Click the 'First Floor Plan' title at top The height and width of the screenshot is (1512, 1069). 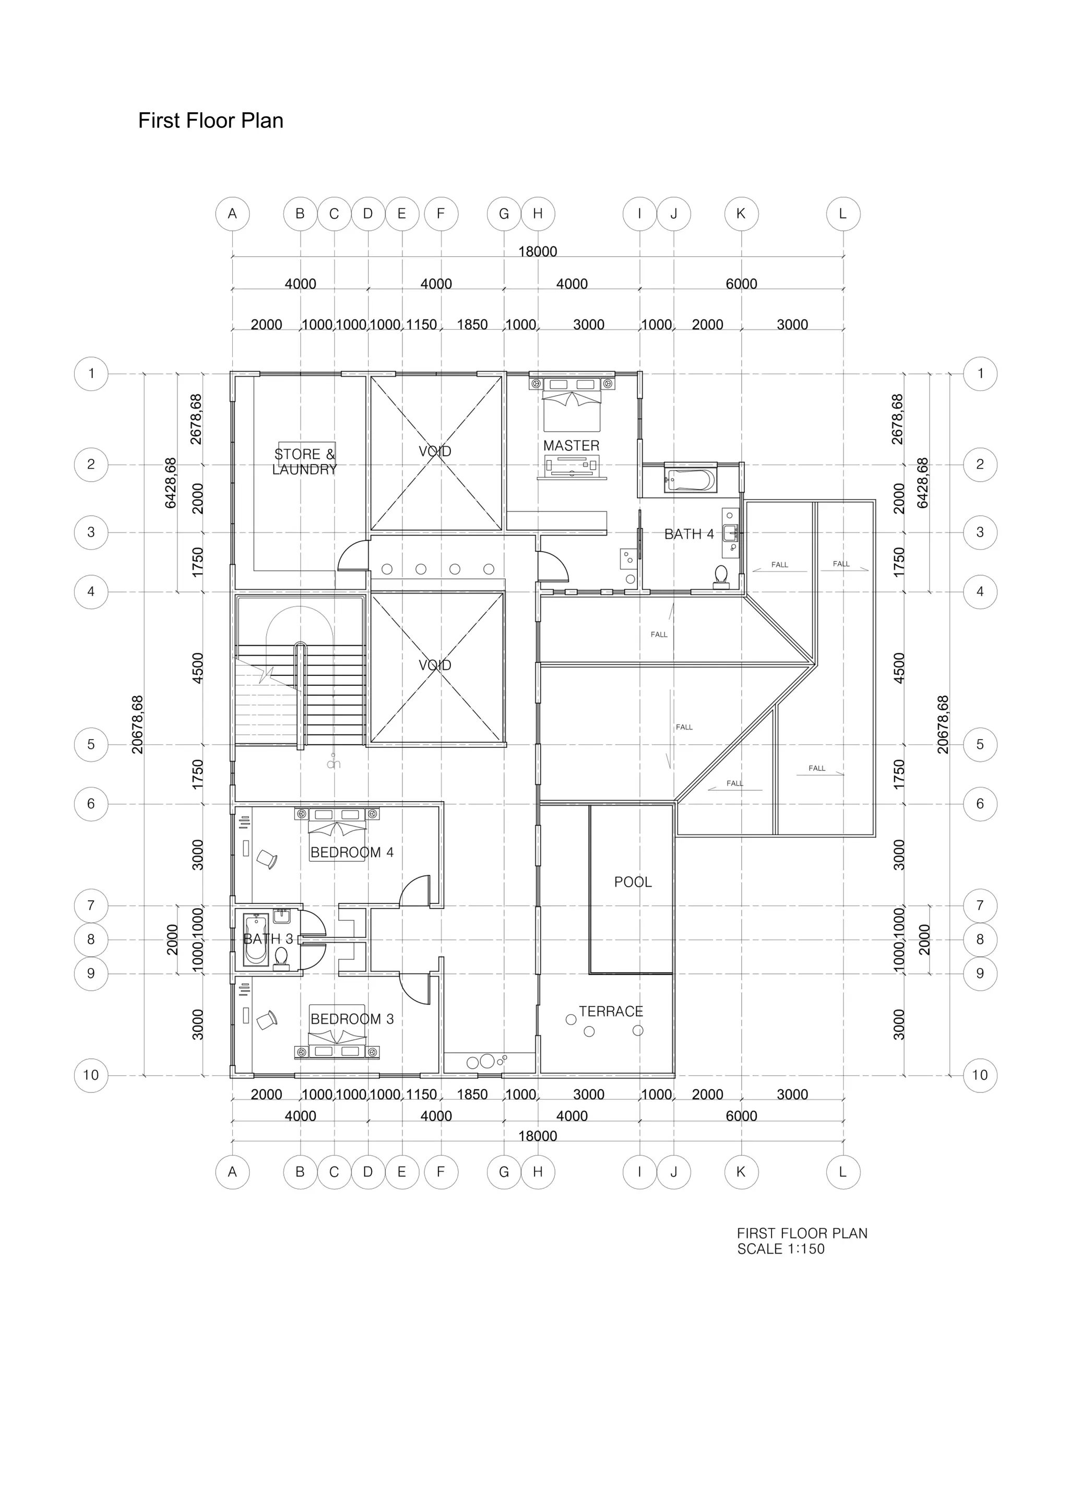point(211,121)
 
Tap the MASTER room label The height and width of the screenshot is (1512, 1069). point(571,446)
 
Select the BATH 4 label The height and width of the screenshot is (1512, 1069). point(688,534)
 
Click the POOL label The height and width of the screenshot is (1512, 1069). point(632,882)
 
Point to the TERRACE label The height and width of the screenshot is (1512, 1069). point(611,1011)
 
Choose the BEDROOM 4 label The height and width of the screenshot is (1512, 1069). point(352,852)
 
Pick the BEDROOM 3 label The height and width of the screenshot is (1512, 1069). point(352,1019)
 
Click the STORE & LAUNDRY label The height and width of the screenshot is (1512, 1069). point(304,461)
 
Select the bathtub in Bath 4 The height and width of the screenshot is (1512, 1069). point(689,480)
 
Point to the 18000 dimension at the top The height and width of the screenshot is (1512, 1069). point(538,252)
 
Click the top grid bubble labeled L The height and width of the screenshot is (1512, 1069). point(843,214)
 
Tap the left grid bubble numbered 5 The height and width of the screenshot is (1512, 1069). point(91,745)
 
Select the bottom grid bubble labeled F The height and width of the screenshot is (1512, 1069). point(441,1172)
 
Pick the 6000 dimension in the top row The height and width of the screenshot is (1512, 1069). point(741,284)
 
